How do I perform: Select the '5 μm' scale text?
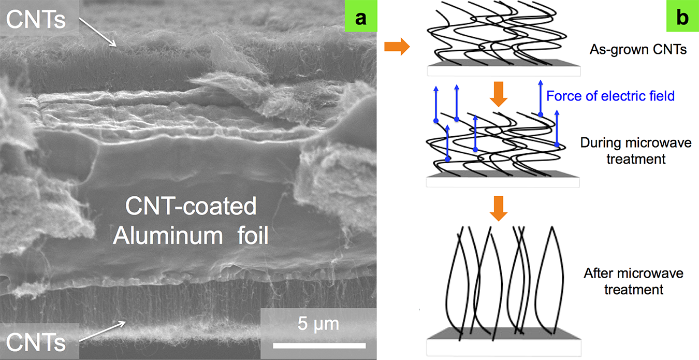click(x=318, y=325)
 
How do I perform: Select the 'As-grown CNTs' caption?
click(x=631, y=50)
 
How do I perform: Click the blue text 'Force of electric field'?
click(x=610, y=96)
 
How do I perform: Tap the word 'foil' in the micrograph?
click(x=250, y=237)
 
